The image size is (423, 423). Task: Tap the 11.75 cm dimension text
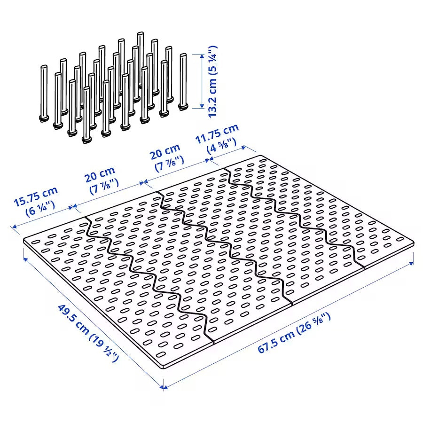pyautogui.click(x=217, y=133)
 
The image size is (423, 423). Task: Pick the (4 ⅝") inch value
pyautogui.click(x=222, y=147)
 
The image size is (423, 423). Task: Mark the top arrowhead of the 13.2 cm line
pyautogui.click(x=201, y=56)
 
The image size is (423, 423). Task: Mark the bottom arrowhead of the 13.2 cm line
pyautogui.click(x=201, y=106)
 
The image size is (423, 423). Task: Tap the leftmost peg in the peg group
pyautogui.click(x=43, y=94)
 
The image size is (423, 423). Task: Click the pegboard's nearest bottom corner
pyautogui.click(x=164, y=368)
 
